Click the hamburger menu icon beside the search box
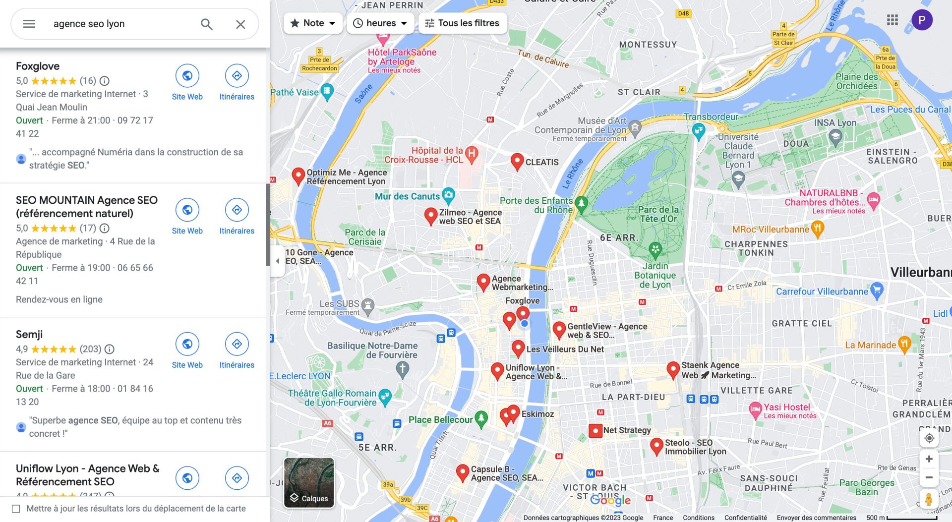click(29, 24)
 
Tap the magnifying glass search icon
click(207, 24)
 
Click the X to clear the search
click(240, 24)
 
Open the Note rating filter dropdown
click(313, 23)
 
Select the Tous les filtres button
click(463, 23)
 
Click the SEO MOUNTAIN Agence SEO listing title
click(86, 207)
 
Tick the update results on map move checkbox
click(16, 509)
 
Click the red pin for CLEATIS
click(517, 161)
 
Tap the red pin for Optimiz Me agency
click(298, 175)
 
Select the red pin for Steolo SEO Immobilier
click(656, 445)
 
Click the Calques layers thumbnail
click(309, 482)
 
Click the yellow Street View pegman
click(929, 498)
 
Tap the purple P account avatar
click(922, 20)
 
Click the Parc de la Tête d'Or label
click(658, 214)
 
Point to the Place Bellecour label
click(440, 420)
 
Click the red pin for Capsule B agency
click(462, 471)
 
